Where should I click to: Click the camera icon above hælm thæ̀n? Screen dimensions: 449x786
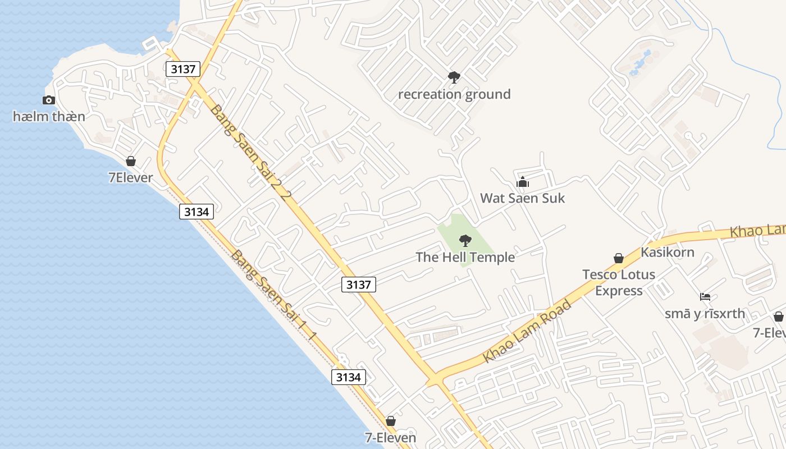(x=49, y=100)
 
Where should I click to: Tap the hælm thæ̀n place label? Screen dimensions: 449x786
(x=49, y=117)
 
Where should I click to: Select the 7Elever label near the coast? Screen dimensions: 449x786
(x=130, y=178)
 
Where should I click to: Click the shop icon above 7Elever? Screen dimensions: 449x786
(x=131, y=162)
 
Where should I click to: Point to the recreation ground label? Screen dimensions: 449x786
(x=454, y=94)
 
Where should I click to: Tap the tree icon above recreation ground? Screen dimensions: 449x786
(x=454, y=77)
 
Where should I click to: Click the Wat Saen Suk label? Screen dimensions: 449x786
(x=522, y=198)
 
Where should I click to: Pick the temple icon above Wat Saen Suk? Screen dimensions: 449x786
(x=523, y=182)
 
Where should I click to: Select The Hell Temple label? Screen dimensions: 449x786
(x=465, y=258)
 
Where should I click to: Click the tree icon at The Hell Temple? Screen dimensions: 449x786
(x=465, y=241)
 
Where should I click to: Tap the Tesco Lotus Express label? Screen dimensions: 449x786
(x=619, y=282)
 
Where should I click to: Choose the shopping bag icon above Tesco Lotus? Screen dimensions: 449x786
(x=618, y=258)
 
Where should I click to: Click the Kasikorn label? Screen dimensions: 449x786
(x=668, y=253)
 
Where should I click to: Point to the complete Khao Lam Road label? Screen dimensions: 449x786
(x=527, y=332)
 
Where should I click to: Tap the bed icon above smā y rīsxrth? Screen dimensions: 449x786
(x=705, y=297)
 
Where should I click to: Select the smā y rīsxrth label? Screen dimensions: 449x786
(x=705, y=314)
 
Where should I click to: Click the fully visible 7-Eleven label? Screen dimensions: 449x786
(x=391, y=438)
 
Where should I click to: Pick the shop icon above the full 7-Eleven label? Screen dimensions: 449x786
(x=391, y=421)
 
